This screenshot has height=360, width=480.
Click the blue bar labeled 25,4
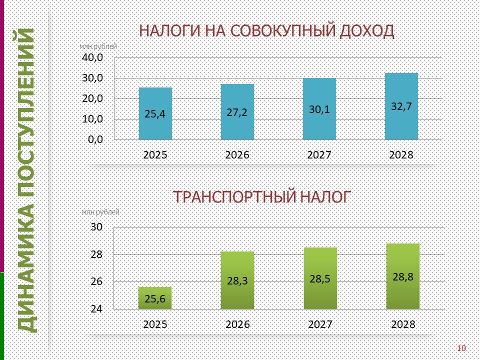pyautogui.click(x=155, y=113)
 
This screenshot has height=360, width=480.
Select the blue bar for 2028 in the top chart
pyautogui.click(x=401, y=106)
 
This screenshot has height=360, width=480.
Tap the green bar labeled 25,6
pyautogui.click(x=155, y=298)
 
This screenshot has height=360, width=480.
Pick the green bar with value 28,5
pyautogui.click(x=320, y=278)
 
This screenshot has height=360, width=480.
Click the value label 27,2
pyautogui.click(x=237, y=112)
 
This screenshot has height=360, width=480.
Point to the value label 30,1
pyautogui.click(x=319, y=109)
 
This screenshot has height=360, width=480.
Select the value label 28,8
pyautogui.click(x=403, y=276)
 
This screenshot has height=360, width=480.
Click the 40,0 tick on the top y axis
pyautogui.click(x=92, y=57)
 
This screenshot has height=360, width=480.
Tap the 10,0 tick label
pyautogui.click(x=92, y=119)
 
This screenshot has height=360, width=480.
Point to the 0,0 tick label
pyautogui.click(x=95, y=139)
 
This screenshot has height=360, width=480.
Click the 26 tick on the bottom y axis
pyautogui.click(x=96, y=281)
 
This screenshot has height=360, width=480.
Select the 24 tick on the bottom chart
pyautogui.click(x=96, y=309)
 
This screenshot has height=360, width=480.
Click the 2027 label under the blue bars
pyautogui.click(x=319, y=155)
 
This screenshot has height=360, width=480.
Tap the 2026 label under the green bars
pyautogui.click(x=237, y=324)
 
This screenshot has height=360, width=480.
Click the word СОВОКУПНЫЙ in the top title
pyautogui.click(x=282, y=31)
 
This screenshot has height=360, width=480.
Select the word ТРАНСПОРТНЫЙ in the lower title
pyautogui.click(x=235, y=197)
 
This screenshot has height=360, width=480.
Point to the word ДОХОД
pyautogui.click(x=367, y=31)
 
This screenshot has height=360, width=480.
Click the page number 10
pyautogui.click(x=461, y=348)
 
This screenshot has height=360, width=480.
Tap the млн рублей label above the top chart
pyautogui.click(x=98, y=47)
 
